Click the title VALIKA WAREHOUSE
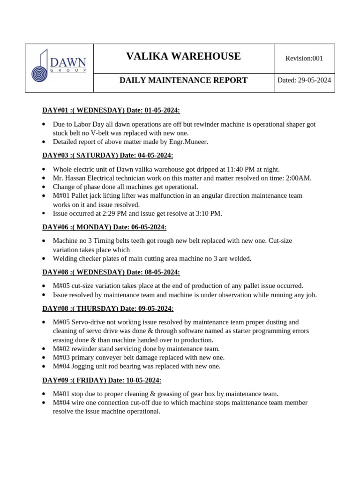(183, 57)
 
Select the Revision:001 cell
(304, 58)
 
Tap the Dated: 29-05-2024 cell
(304, 80)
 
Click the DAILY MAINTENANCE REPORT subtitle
(183, 80)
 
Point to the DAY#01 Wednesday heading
(111, 110)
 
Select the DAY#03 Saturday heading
(108, 155)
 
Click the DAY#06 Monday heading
(105, 227)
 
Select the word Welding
(65, 259)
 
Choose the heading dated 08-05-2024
(111, 272)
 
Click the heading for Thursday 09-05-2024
(108, 308)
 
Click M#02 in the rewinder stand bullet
(61, 349)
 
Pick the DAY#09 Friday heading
(102, 380)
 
